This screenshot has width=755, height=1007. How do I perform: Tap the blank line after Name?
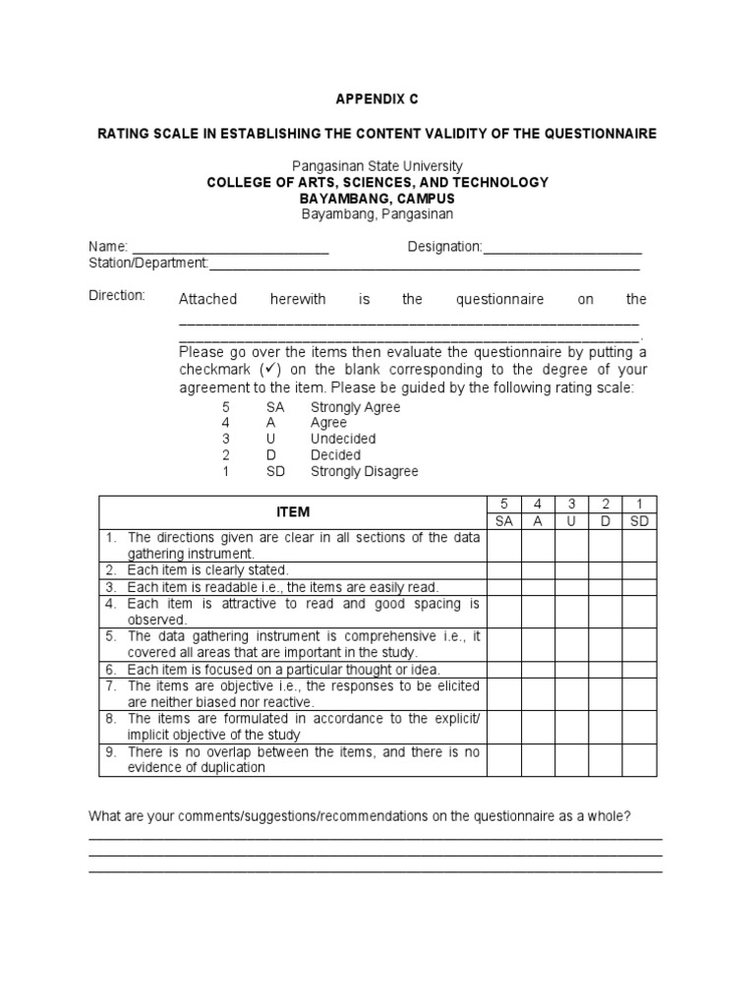(x=230, y=248)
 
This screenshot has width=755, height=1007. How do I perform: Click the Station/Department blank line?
(x=424, y=264)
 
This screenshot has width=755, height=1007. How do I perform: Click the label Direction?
(x=117, y=296)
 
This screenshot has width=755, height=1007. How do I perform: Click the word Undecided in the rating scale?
(x=343, y=439)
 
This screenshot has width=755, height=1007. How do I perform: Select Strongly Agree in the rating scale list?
(x=355, y=406)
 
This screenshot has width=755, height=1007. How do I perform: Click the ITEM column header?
(x=293, y=512)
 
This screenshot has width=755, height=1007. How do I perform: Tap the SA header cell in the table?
(x=504, y=521)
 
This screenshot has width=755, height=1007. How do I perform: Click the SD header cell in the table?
(x=639, y=521)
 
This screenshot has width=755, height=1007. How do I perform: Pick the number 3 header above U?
(x=571, y=503)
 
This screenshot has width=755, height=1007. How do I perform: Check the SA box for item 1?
(x=504, y=545)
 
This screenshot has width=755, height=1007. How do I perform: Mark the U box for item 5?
(x=571, y=644)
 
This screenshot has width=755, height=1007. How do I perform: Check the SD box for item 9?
(x=639, y=759)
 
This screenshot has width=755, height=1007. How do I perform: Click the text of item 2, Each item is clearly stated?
(x=208, y=570)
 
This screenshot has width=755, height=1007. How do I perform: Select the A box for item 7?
(x=538, y=694)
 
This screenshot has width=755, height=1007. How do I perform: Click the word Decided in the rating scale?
(x=336, y=455)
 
